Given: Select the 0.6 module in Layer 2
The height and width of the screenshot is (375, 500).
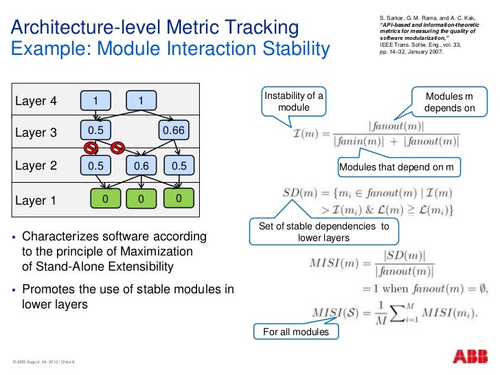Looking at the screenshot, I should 141,166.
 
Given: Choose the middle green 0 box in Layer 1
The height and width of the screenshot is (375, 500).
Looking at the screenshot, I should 139,199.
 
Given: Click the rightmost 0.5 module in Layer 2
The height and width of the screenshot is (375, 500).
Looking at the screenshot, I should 179,166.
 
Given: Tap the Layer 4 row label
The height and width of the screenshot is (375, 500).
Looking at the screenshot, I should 36,102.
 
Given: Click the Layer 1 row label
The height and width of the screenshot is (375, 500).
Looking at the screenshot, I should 36,201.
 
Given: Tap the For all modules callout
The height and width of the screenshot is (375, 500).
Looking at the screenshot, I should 291,332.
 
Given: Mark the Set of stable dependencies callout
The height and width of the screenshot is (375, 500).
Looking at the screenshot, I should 324,232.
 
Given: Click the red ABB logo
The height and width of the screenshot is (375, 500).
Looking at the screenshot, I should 472,356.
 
